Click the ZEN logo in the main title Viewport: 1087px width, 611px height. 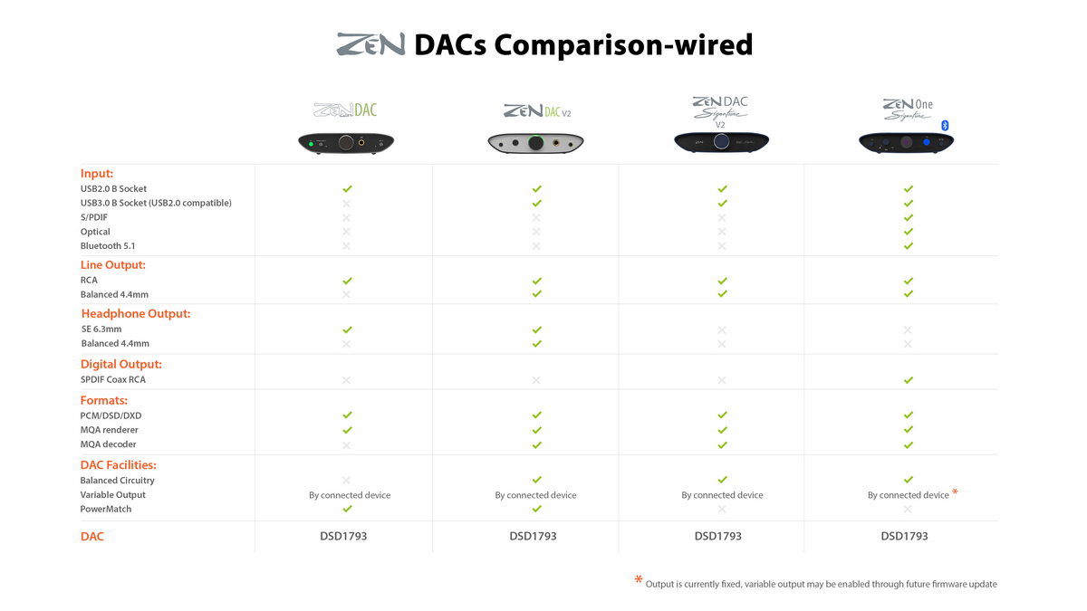tap(370, 44)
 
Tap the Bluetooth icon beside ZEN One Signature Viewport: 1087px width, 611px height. tap(945, 126)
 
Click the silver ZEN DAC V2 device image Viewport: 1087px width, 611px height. tap(535, 143)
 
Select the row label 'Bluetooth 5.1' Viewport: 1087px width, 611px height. tap(108, 246)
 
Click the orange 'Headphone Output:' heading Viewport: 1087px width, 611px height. tap(136, 314)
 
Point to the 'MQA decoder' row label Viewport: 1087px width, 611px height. tap(108, 444)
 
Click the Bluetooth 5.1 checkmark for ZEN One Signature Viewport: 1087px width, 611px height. tap(909, 246)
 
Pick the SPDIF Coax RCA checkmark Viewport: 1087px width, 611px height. tap(909, 380)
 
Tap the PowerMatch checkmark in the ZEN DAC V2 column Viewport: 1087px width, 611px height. tap(536, 509)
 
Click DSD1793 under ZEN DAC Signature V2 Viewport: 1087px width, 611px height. tap(717, 536)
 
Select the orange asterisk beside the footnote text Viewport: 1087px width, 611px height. tap(639, 579)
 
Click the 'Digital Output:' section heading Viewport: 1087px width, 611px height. tap(121, 364)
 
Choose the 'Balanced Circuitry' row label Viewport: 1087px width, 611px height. tap(118, 481)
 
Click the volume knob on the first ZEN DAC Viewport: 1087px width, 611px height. tap(346, 142)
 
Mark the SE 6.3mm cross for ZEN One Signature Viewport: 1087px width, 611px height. tap(908, 329)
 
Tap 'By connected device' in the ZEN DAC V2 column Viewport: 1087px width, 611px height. tap(535, 495)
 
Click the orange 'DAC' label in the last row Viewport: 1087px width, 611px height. tap(92, 536)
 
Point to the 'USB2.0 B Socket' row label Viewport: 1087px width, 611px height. tap(113, 188)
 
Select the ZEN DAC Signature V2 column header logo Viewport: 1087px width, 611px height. tap(720, 112)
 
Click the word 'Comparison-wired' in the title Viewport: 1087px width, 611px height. tap(623, 44)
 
